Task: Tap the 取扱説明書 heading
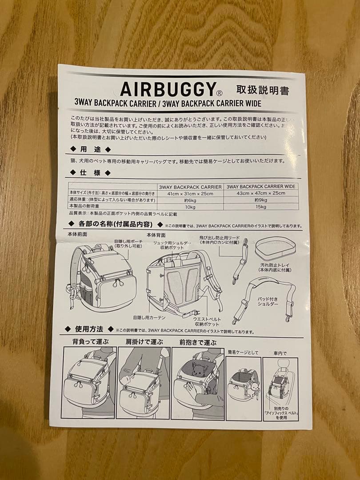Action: click(x=263, y=90)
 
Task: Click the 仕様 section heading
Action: click(x=89, y=172)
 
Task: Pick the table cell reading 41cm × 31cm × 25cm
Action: click(x=191, y=193)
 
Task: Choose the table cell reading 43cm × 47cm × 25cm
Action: click(x=261, y=193)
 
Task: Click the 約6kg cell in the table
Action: click(x=191, y=200)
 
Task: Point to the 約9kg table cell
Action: click(x=261, y=200)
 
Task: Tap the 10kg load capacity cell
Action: click(x=191, y=207)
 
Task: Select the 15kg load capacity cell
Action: click(x=261, y=207)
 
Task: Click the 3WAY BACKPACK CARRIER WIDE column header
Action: click(x=261, y=187)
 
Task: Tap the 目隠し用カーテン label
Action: click(x=149, y=317)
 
